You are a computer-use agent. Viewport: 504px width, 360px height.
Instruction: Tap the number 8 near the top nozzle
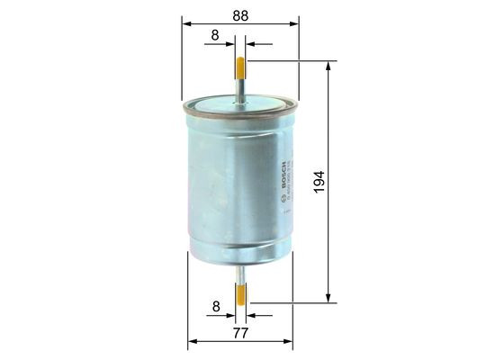click(x=213, y=34)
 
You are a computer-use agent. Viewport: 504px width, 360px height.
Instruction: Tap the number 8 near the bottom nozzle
click(x=213, y=306)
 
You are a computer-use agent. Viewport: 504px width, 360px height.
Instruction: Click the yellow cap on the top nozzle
click(x=240, y=67)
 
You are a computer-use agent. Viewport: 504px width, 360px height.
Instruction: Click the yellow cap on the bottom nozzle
click(x=240, y=292)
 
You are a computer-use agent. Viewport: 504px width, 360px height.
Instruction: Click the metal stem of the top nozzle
click(x=240, y=87)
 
